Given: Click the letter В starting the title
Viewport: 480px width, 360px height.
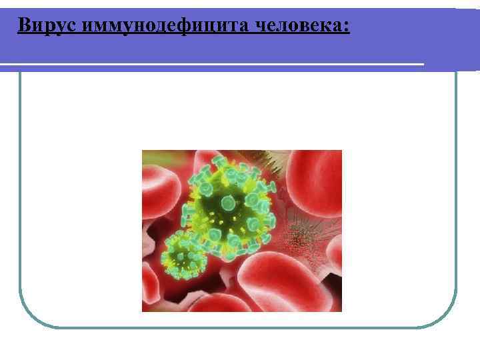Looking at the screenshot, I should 23,25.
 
